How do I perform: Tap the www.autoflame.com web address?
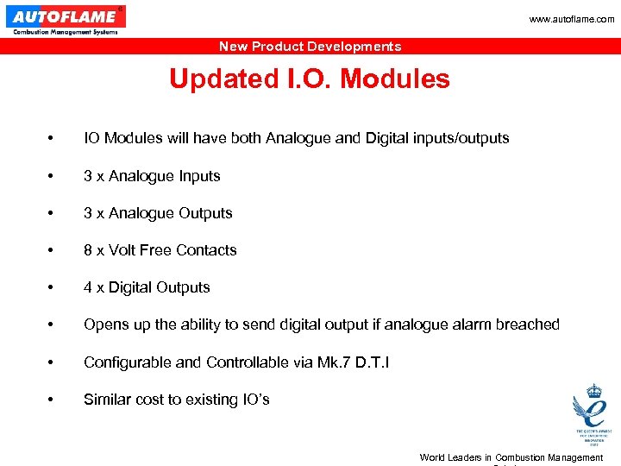point(572,19)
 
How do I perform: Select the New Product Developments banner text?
point(310,47)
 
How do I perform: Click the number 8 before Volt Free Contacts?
point(88,250)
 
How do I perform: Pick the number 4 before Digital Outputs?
point(88,287)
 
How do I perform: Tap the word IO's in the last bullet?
point(253,400)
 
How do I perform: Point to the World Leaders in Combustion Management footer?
point(511,457)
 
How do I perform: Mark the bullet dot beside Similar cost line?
point(53,400)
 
